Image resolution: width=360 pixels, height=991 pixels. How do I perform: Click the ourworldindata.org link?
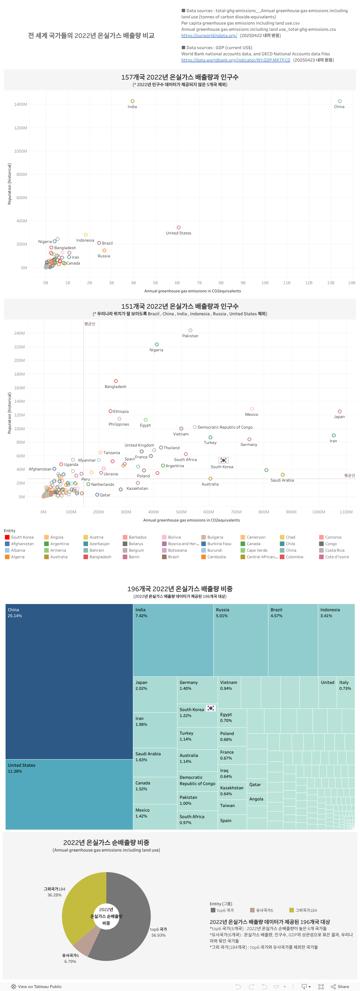[x=209, y=35]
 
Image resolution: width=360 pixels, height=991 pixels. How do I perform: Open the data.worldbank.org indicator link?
[x=235, y=60]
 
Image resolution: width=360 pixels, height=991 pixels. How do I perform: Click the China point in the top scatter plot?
[x=339, y=101]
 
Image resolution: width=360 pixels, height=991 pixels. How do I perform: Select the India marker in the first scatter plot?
[x=132, y=101]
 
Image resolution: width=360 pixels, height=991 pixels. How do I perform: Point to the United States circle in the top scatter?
[x=178, y=227]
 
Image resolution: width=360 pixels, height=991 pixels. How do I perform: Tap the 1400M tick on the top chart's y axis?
[x=21, y=104]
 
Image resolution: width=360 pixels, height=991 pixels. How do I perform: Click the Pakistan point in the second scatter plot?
[x=190, y=330]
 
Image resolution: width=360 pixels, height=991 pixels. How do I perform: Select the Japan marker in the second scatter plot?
[x=339, y=411]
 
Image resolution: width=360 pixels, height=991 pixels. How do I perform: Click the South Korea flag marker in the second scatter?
[x=223, y=460]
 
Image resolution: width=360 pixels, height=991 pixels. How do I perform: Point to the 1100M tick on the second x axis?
[x=346, y=512]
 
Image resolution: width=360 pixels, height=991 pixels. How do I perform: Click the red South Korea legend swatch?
[x=7, y=537]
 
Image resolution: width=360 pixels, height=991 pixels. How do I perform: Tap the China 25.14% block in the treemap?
[x=69, y=681]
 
